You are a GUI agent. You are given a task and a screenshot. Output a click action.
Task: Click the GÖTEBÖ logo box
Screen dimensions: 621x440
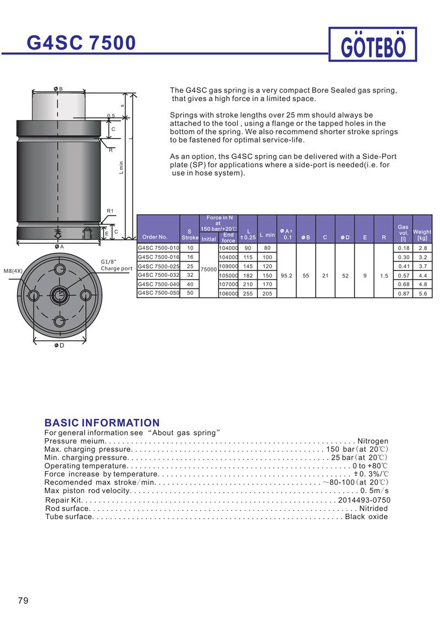click(372, 45)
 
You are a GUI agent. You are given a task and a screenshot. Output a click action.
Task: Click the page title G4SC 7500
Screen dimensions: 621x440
click(81, 42)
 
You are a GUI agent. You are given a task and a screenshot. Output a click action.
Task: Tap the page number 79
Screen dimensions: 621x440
click(23, 600)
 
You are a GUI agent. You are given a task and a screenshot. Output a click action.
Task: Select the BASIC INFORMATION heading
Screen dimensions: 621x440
click(102, 423)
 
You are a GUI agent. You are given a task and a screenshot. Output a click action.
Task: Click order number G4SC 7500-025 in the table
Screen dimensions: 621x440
click(158, 266)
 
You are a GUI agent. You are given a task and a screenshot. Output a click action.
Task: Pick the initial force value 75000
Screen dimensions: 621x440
click(208, 270)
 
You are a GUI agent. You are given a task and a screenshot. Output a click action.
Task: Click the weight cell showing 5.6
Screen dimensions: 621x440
click(422, 294)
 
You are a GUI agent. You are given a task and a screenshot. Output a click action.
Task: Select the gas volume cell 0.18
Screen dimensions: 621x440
click(403, 248)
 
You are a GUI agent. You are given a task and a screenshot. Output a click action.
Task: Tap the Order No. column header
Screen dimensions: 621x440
click(155, 237)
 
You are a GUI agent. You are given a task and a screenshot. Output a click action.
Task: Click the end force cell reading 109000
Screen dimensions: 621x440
click(228, 266)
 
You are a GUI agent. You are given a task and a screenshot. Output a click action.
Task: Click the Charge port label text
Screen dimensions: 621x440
click(117, 269)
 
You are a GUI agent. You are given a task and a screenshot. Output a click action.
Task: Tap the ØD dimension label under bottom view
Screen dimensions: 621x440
click(59, 345)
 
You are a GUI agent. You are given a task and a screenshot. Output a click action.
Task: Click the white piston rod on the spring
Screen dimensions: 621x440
click(59, 105)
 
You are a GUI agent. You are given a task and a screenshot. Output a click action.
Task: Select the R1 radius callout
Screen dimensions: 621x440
click(110, 211)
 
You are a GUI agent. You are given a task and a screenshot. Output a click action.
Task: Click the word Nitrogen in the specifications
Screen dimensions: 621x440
click(373, 441)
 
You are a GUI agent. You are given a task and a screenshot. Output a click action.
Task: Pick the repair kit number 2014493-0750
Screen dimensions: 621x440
click(364, 500)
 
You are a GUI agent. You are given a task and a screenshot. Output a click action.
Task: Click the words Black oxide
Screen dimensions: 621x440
click(366, 516)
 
